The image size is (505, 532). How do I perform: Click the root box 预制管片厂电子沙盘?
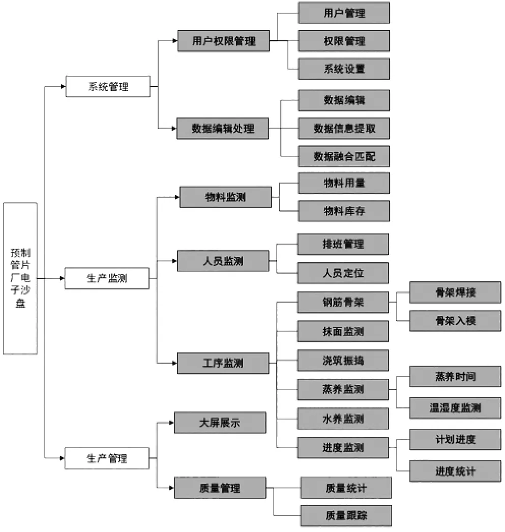(x=20, y=278)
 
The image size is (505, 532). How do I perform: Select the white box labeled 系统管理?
(x=108, y=86)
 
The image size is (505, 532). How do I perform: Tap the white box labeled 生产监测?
(x=107, y=279)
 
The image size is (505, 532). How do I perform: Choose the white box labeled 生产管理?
(x=107, y=458)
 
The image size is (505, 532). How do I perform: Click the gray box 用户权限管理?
(x=223, y=41)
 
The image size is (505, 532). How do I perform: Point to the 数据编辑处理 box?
(x=223, y=128)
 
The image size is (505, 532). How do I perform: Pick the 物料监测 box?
(x=225, y=197)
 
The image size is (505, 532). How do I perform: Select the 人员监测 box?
(x=223, y=261)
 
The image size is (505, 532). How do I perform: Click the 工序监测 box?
(x=223, y=363)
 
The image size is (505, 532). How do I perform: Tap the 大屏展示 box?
(x=220, y=423)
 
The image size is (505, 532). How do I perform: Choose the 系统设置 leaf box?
(x=344, y=69)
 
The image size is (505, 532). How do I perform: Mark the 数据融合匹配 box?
(x=344, y=157)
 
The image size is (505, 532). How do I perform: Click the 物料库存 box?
(x=344, y=211)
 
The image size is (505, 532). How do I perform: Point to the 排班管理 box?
(x=343, y=244)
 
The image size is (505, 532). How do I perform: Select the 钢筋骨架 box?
(x=343, y=302)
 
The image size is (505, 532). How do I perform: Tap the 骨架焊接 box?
(x=455, y=292)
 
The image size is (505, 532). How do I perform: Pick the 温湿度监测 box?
(x=455, y=408)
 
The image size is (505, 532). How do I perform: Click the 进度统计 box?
(x=455, y=471)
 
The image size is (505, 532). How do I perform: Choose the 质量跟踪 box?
(x=346, y=516)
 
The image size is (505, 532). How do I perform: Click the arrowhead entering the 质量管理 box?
(x=171, y=488)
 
